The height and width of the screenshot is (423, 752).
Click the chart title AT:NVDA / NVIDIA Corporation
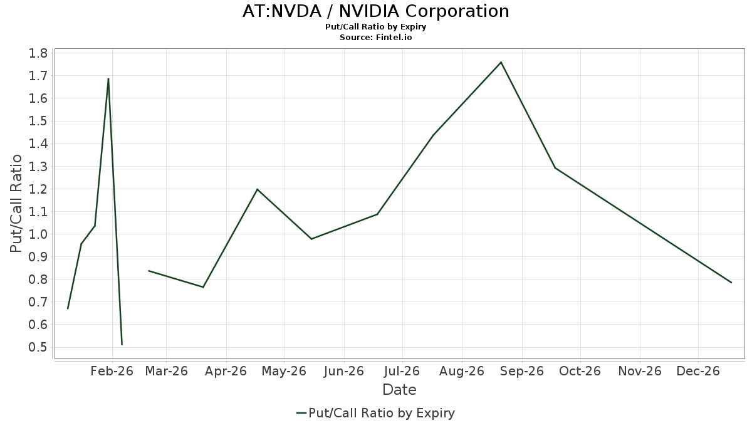(x=375, y=11)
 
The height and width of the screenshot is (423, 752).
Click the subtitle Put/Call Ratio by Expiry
(x=375, y=27)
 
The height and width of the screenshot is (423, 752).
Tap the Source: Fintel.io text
(x=375, y=38)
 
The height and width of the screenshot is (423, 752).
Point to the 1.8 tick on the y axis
(x=38, y=53)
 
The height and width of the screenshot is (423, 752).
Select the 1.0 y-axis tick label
(x=38, y=234)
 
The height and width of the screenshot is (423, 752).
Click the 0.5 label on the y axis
(x=38, y=348)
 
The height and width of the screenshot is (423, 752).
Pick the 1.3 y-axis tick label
(x=38, y=167)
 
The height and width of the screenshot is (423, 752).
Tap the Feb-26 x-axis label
(x=112, y=371)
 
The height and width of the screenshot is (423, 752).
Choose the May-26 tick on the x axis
(x=284, y=371)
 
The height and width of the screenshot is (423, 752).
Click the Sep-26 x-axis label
(x=521, y=371)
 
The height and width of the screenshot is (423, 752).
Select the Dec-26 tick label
(x=698, y=371)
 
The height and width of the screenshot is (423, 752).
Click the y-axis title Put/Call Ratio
(x=17, y=204)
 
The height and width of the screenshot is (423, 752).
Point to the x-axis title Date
(x=399, y=390)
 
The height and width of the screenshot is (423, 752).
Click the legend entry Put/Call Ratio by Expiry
(x=375, y=413)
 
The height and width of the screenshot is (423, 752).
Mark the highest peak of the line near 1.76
(x=501, y=62)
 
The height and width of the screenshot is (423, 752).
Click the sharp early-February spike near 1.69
(x=108, y=79)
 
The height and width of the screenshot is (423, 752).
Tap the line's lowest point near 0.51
(x=122, y=344)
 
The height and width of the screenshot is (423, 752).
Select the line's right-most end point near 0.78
(x=731, y=283)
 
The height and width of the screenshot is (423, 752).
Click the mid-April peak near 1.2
(x=257, y=189)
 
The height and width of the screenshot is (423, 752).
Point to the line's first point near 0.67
(x=68, y=308)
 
